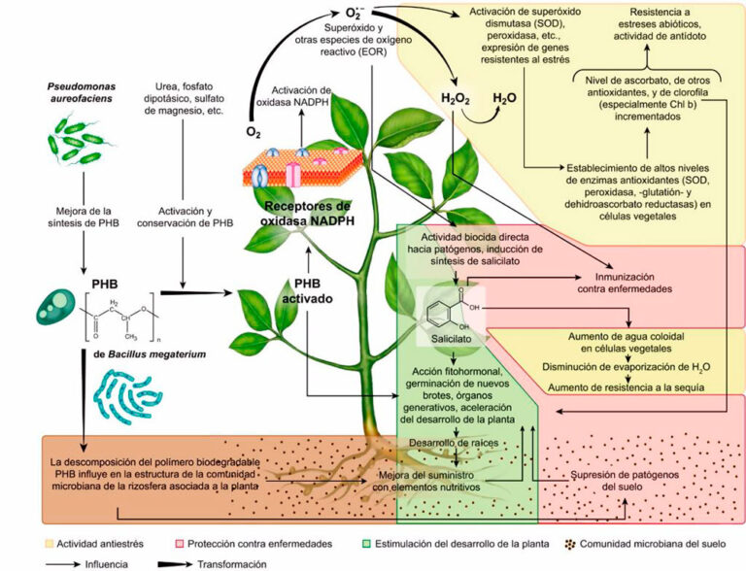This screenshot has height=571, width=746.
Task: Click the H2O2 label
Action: click(x=457, y=97)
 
